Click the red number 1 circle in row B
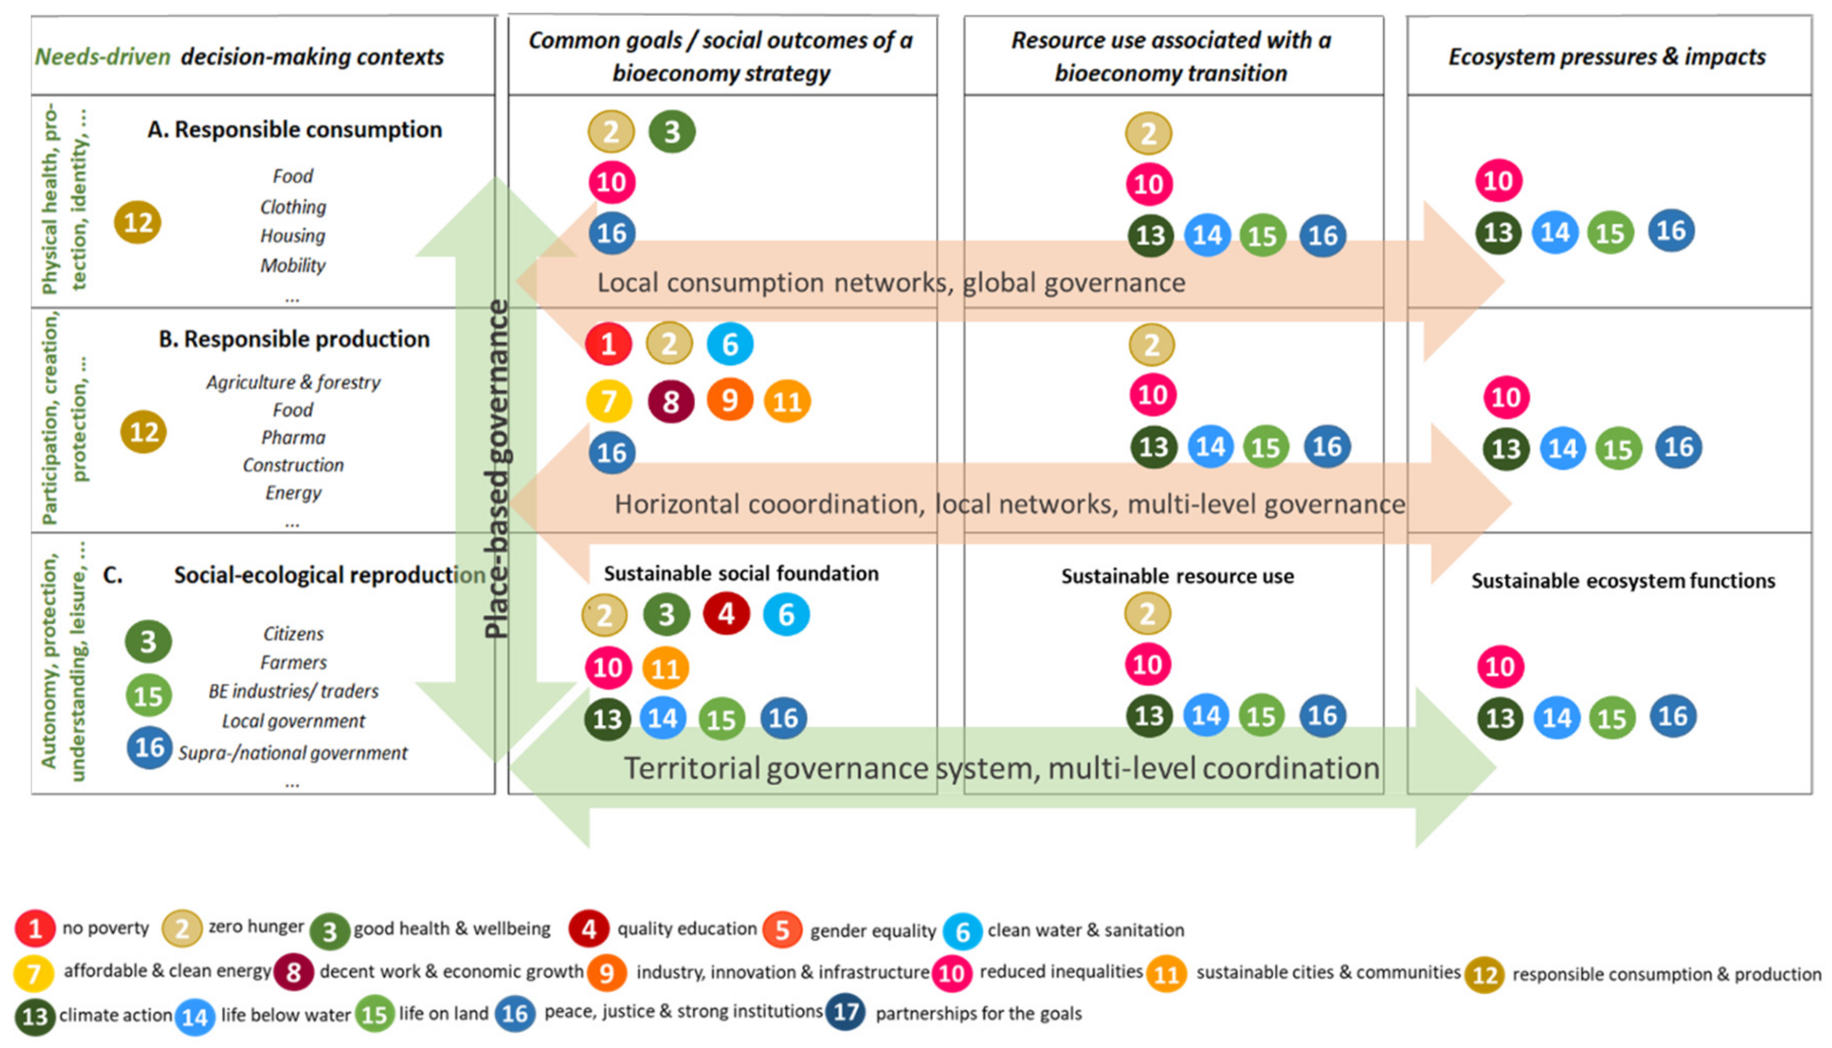pyautogui.click(x=608, y=344)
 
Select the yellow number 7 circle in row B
pyautogui.click(x=608, y=401)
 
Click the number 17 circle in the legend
pyautogui.click(x=845, y=1012)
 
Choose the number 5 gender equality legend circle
pyautogui.click(x=782, y=930)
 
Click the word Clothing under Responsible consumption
pyautogui.click(x=293, y=207)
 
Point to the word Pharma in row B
pyautogui.click(x=293, y=437)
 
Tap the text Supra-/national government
pyautogui.click(x=292, y=753)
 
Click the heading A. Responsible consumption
pyautogui.click(x=294, y=130)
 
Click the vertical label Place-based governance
pyautogui.click(x=497, y=468)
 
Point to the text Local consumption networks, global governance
pyautogui.click(x=891, y=283)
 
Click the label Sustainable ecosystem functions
pyautogui.click(x=1623, y=581)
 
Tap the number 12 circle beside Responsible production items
pyautogui.click(x=143, y=432)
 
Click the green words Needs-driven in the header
pyautogui.click(x=102, y=57)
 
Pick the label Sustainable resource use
pyautogui.click(x=1177, y=577)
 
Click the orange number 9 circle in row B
pyautogui.click(x=729, y=400)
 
